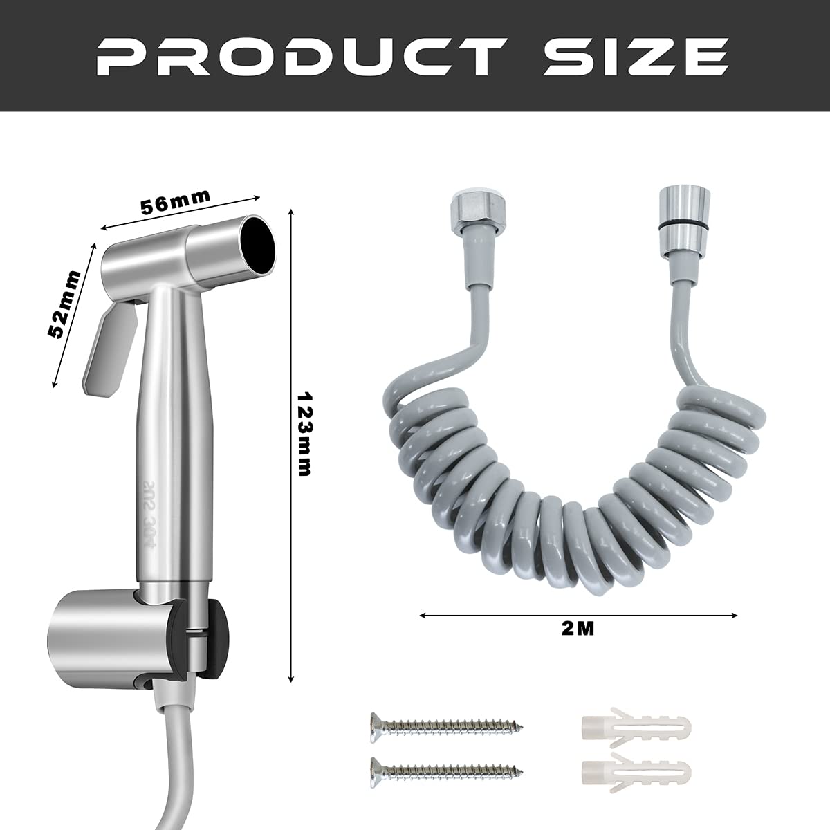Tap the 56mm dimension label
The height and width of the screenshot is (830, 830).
pyautogui.click(x=176, y=202)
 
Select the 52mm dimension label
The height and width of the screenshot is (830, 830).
pyautogui.click(x=64, y=304)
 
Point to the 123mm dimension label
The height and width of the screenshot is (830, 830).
pyautogui.click(x=304, y=434)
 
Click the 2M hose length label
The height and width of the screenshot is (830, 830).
pyautogui.click(x=578, y=629)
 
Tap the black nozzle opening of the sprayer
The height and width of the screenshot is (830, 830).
pyautogui.click(x=257, y=245)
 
